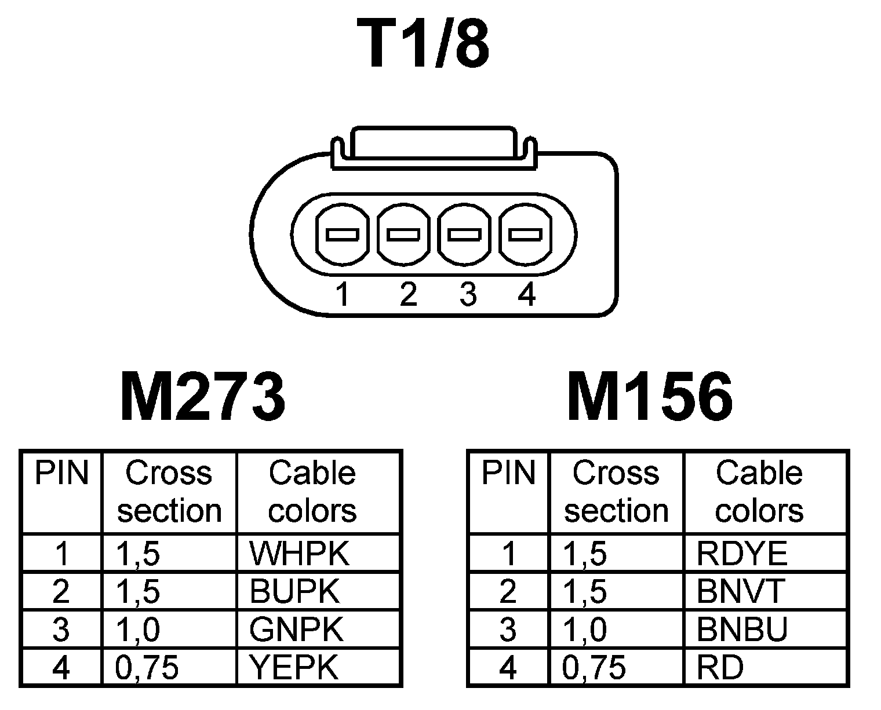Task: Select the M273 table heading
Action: pyautogui.click(x=202, y=398)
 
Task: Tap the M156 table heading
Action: pyautogui.click(x=649, y=398)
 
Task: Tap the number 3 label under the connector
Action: pyautogui.click(x=467, y=294)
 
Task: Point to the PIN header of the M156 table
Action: pyautogui.click(x=508, y=473)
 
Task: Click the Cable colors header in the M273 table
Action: pyautogui.click(x=312, y=492)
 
